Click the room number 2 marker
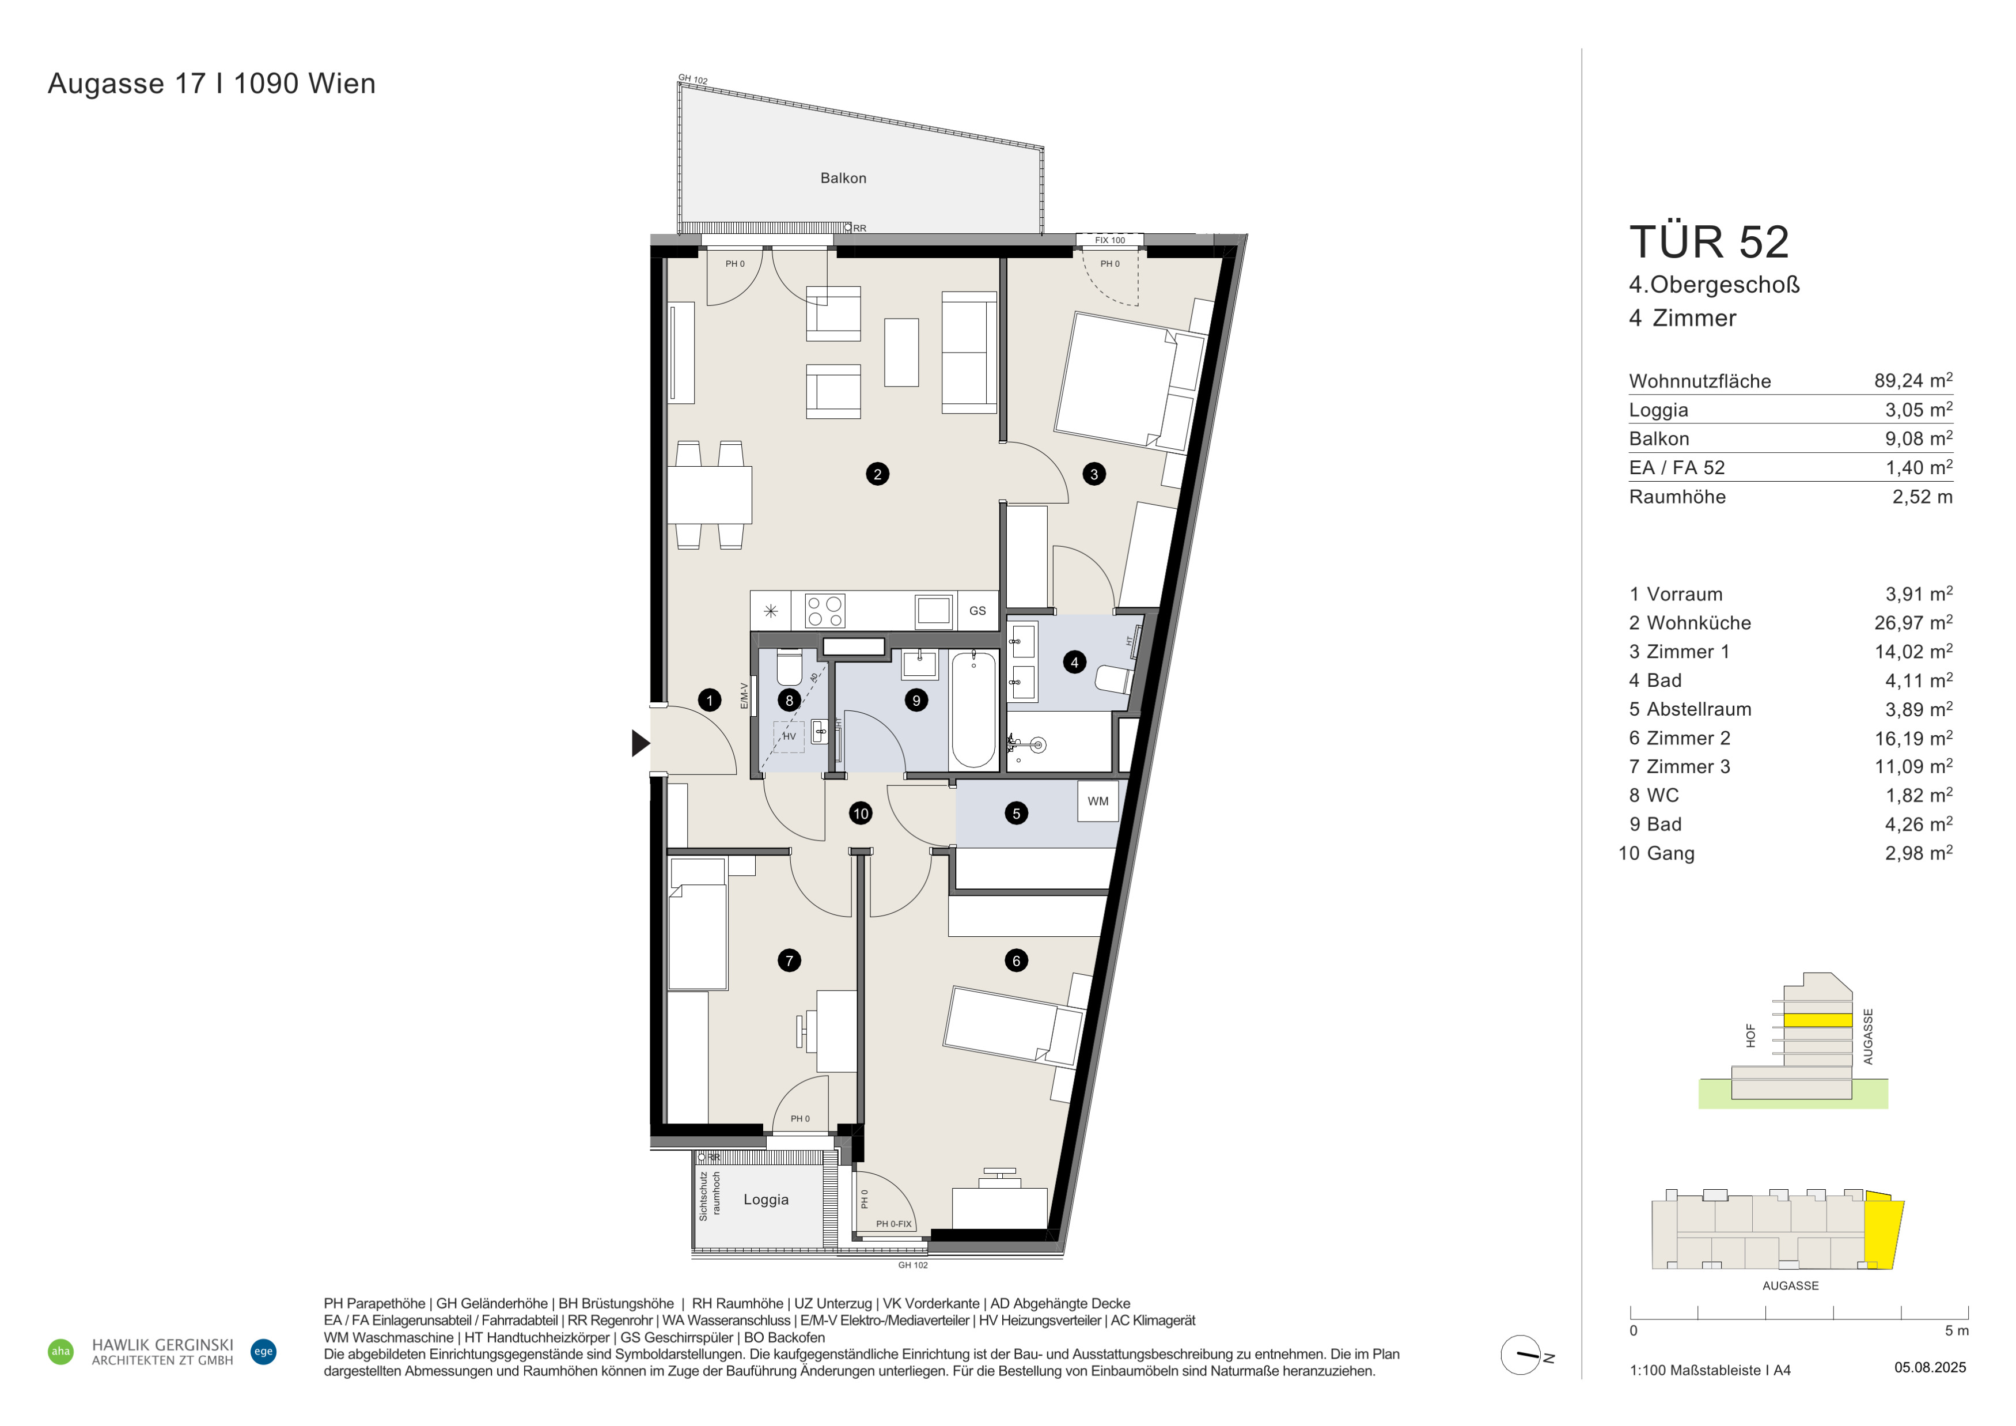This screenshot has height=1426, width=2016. coord(877,474)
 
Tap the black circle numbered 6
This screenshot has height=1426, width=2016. coord(1016,960)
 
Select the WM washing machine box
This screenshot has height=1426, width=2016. coord(1097,801)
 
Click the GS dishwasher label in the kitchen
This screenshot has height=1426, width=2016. coord(977,611)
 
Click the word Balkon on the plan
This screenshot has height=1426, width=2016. coord(843,178)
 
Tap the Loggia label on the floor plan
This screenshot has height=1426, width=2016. coord(766,1200)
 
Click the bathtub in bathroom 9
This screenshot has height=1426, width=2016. coord(974,709)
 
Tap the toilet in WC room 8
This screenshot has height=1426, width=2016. coord(789,667)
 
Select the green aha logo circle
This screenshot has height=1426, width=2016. coord(60,1351)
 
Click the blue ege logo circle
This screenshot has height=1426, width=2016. coord(263,1351)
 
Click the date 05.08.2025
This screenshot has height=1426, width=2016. coord(1930,1367)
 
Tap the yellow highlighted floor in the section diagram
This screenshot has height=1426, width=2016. coord(1817,1020)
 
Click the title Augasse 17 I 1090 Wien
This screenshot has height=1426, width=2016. coord(211,84)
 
